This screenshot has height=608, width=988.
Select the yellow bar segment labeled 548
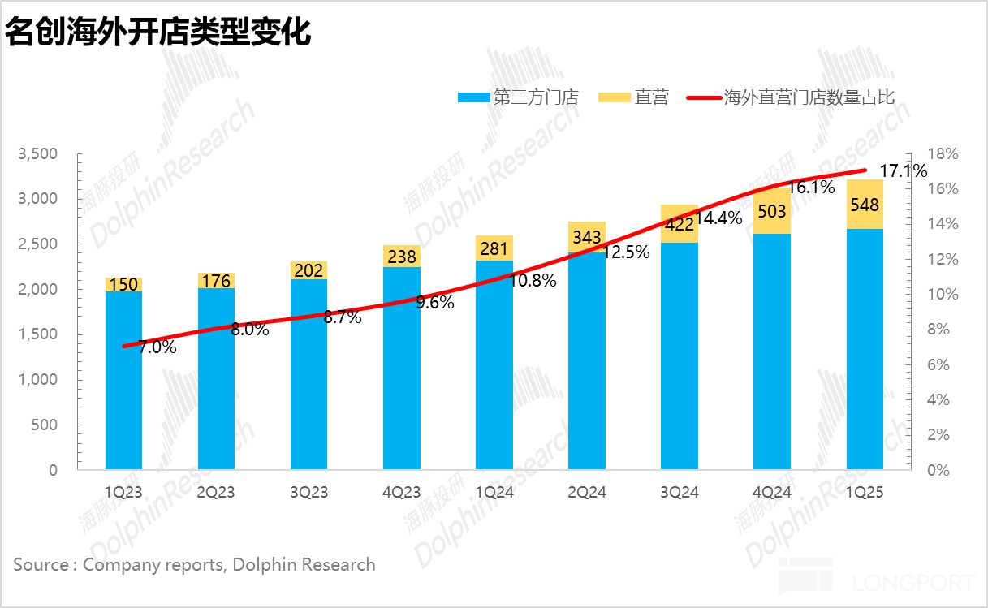pyautogui.click(x=865, y=205)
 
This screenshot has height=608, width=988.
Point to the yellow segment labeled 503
pyautogui.click(x=772, y=212)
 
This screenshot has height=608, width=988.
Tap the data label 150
pyautogui.click(x=123, y=284)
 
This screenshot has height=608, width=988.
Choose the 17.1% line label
pyautogui.click(x=904, y=171)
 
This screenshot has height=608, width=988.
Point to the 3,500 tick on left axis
pyautogui.click(x=38, y=154)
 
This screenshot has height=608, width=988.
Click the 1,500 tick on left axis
pyautogui.click(x=38, y=334)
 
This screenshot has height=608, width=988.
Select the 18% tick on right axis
pyautogui.click(x=944, y=154)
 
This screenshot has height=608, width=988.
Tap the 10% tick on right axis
pyautogui.click(x=944, y=295)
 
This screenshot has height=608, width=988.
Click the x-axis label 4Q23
pyautogui.click(x=401, y=492)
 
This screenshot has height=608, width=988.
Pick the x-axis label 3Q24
pyautogui.click(x=679, y=492)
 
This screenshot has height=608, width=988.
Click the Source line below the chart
pyautogui.click(x=195, y=565)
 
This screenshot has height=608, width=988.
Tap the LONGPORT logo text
pyautogui.click(x=913, y=583)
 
